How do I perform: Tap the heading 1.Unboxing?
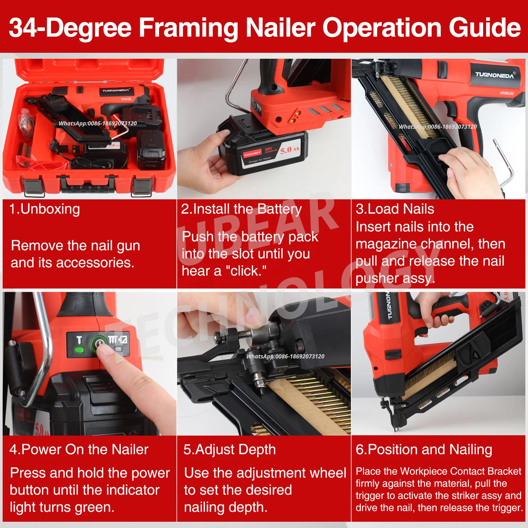(x=45, y=209)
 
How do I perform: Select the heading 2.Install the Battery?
(x=241, y=209)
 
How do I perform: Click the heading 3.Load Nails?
(x=395, y=209)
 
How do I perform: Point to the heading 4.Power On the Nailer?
(x=79, y=449)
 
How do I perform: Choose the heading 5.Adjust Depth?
(x=229, y=449)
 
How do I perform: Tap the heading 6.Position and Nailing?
(x=424, y=449)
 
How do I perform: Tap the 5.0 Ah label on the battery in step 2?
(x=289, y=150)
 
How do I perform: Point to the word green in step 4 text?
(x=94, y=508)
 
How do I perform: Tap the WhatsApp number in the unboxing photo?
(x=98, y=123)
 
